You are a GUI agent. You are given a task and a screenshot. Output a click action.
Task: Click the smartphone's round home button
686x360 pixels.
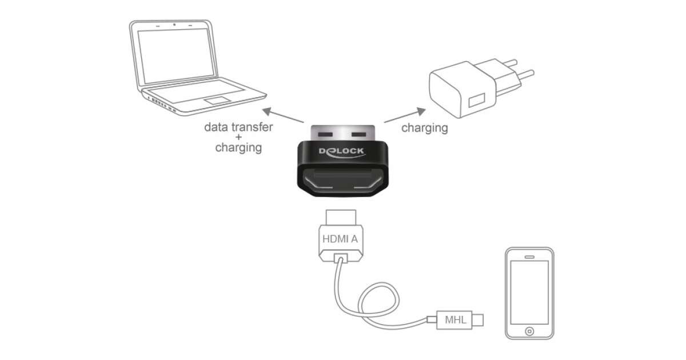click(x=529, y=331)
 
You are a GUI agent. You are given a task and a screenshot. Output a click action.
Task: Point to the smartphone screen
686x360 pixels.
click(x=529, y=291)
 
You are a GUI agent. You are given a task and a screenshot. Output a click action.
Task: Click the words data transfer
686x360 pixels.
click(x=238, y=127)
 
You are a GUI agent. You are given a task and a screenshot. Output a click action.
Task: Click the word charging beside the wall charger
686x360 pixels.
click(x=424, y=128)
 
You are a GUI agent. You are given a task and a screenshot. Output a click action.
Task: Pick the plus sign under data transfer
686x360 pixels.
click(x=238, y=137)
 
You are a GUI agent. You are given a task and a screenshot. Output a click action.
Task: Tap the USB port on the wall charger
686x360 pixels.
click(x=474, y=103)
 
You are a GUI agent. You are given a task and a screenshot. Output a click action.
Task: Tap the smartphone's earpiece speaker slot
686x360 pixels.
click(x=529, y=255)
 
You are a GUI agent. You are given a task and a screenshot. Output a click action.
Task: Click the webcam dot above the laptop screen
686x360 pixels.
click(x=174, y=25)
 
